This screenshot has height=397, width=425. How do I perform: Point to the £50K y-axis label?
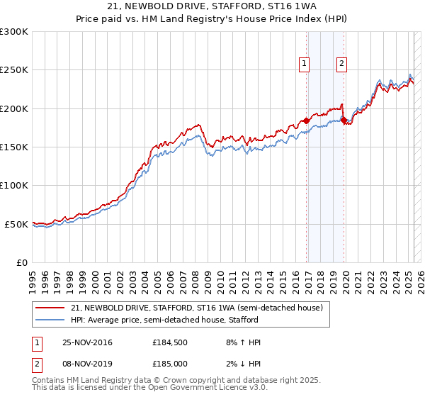point(16,224)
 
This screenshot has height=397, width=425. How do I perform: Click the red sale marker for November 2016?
point(306,121)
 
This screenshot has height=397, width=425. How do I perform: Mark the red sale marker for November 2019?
point(344,121)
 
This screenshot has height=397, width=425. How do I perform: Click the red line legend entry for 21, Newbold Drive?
point(197,308)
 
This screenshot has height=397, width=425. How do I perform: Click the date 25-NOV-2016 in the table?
point(87,342)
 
